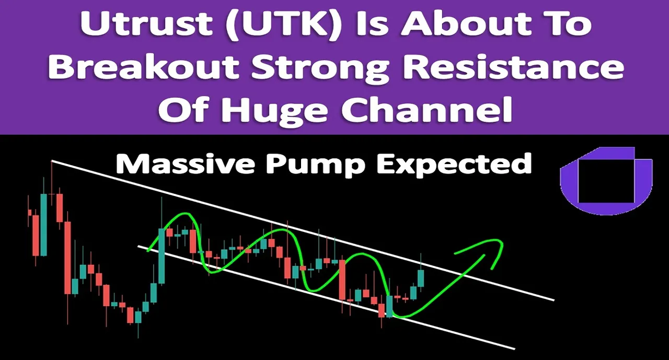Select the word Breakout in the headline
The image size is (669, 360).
coord(143,67)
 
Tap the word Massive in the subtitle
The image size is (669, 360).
coord(185,164)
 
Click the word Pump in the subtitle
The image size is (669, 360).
coord(316,166)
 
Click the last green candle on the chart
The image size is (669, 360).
coord(421,278)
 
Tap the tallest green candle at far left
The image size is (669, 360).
coord(43,225)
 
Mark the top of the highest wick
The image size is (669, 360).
coord(52,161)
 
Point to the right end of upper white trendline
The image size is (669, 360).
coord(554,300)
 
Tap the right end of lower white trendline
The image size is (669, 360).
coord(514,349)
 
